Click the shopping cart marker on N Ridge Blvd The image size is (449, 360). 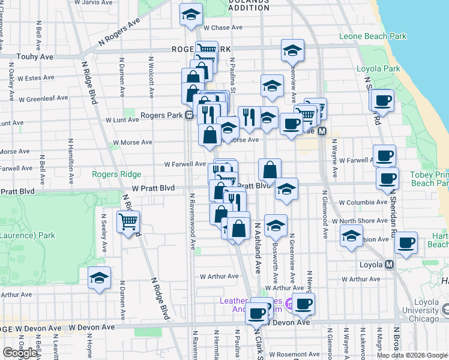128,222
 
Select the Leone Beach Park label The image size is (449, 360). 373,37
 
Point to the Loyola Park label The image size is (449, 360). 378,69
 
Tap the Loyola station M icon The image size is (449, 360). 390,264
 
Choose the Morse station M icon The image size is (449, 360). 322,131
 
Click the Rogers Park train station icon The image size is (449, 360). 188,115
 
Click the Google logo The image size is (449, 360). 19,353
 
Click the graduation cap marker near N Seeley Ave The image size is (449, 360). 99,278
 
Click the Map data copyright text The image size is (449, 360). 411,355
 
